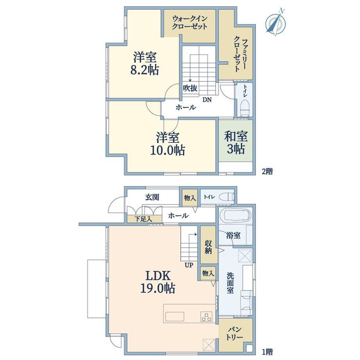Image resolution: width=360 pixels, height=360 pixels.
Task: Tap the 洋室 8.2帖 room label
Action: coord(145,64)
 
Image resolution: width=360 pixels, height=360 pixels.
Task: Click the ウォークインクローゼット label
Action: coord(190,22)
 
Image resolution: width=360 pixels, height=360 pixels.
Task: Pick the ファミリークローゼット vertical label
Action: coord(240,55)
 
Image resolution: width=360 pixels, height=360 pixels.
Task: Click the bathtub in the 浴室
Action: coord(235,215)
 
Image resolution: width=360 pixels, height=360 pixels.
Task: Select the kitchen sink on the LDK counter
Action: coord(175,317)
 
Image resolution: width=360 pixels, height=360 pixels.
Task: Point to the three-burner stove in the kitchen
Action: coord(206,317)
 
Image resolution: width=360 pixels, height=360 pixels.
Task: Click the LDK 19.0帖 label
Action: coord(158,282)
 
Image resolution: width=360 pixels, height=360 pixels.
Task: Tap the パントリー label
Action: coord(234,333)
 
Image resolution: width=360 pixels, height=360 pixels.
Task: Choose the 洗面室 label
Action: coord(230,283)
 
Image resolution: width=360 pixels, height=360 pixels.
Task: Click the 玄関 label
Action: coord(152,197)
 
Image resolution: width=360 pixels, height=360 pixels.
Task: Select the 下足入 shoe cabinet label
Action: coord(143,219)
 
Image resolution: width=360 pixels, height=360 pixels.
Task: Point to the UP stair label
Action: coord(189,265)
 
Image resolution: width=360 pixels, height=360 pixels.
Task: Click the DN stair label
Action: coord(207,100)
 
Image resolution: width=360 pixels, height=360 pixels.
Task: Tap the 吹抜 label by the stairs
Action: coord(190,88)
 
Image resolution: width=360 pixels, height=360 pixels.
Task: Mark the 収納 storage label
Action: coord(208,247)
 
